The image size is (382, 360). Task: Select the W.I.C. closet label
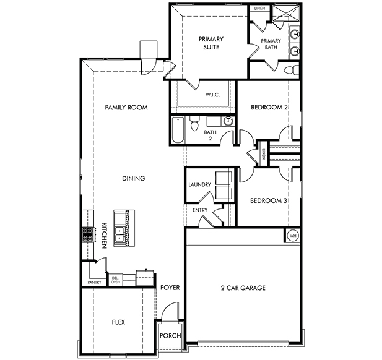click(212, 95)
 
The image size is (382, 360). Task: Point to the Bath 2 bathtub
click(178, 131)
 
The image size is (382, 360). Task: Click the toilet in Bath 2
click(194, 123)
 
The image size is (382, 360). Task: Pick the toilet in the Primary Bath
click(292, 70)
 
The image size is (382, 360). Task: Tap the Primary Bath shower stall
click(287, 14)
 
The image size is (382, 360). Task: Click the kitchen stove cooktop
click(88, 235)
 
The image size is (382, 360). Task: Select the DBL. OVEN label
click(116, 280)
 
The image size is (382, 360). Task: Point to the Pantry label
click(94, 282)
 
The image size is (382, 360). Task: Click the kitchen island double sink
click(119, 234)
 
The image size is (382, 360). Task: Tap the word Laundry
click(199, 184)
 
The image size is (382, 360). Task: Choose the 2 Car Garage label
click(243, 288)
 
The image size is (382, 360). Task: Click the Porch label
click(170, 336)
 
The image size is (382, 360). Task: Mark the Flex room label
click(118, 322)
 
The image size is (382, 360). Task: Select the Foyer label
click(170, 288)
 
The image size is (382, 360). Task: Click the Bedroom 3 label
click(268, 200)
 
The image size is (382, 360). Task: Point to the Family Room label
click(126, 108)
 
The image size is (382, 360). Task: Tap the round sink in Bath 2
click(228, 121)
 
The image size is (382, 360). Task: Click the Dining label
click(134, 178)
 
